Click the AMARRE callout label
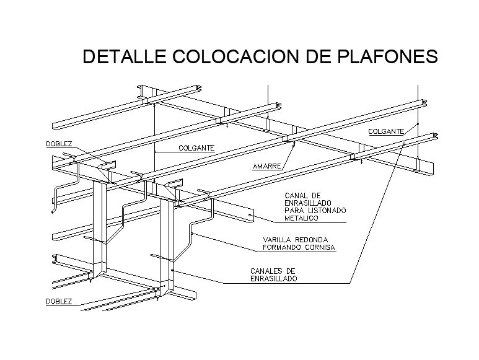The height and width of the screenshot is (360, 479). tap(267, 167)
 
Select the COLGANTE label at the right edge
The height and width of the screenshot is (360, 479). tap(386, 131)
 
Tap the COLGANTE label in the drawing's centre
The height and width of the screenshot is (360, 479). tap(196, 148)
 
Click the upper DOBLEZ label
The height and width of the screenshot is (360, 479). tap(59, 144)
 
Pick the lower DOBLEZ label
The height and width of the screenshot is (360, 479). tap(59, 302)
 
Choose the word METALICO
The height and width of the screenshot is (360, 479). tap(301, 218)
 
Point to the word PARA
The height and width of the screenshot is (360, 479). tap(294, 211)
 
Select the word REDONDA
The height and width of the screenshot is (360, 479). tap(312, 240)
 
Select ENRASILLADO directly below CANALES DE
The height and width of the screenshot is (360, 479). tap(273, 279)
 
